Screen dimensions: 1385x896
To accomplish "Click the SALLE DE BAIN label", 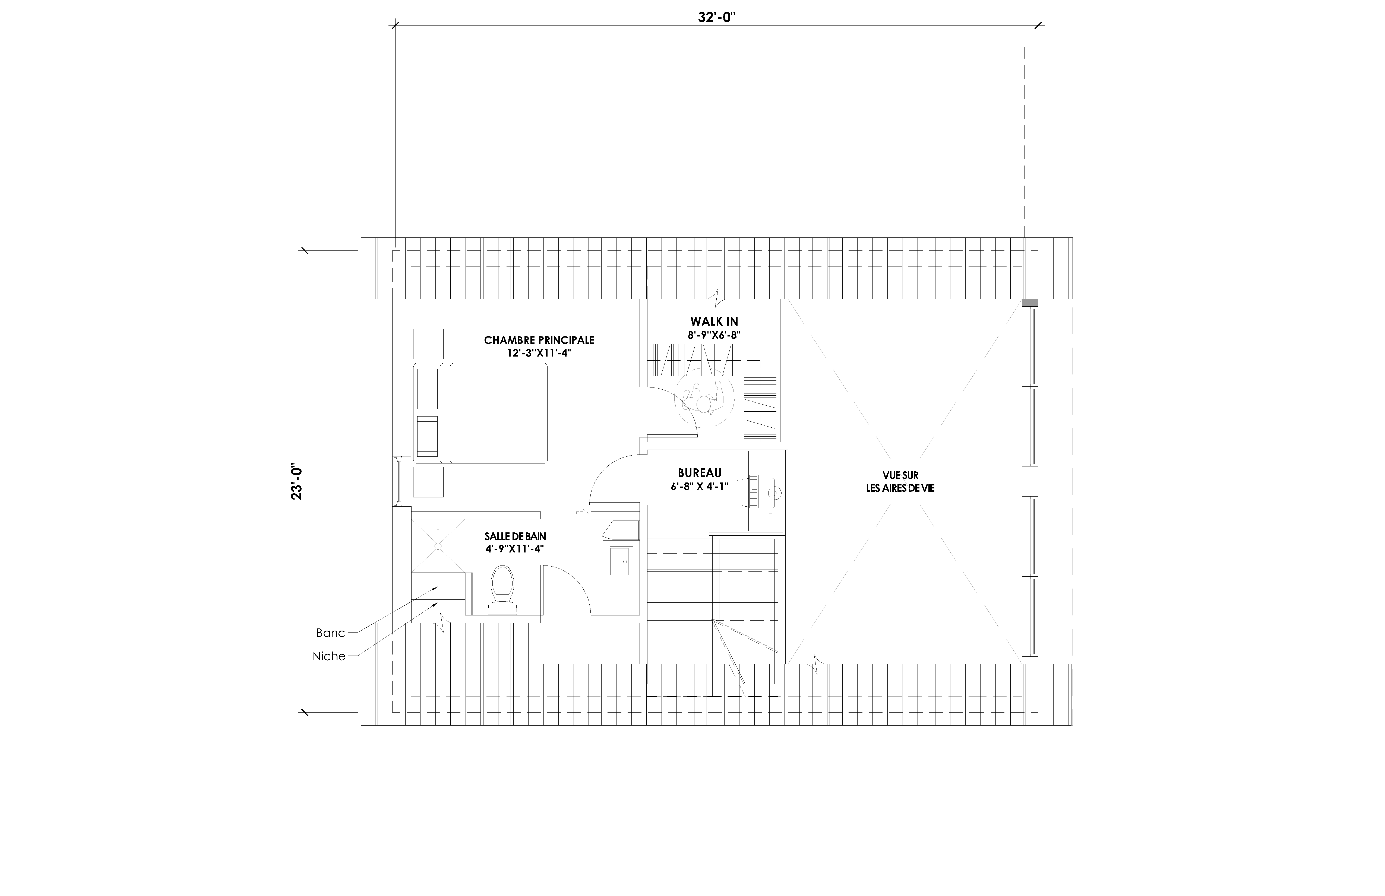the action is pos(515,536).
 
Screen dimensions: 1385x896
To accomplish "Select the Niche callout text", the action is pos(329,656).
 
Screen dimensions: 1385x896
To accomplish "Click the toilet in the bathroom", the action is pos(502,590).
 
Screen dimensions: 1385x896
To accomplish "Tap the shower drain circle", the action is pos(437,546).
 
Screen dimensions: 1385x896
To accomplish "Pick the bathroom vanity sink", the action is pos(620,561).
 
